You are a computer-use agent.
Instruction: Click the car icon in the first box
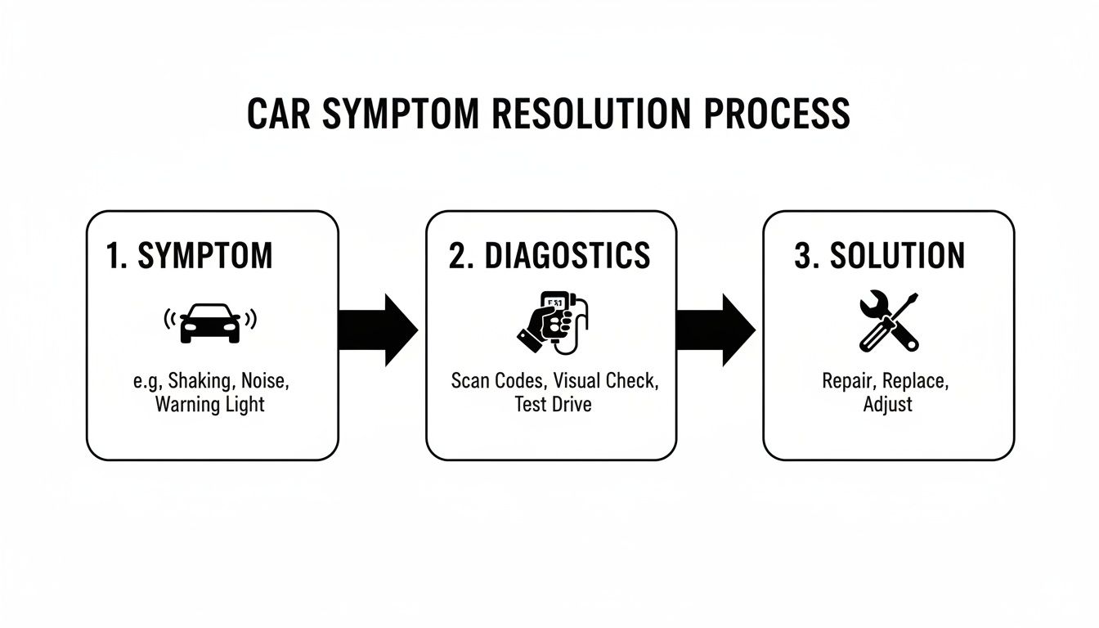click(210, 322)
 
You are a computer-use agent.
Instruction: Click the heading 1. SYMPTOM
click(189, 256)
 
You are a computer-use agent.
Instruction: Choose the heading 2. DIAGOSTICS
click(549, 256)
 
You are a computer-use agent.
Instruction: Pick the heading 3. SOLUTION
click(879, 256)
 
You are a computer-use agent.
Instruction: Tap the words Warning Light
click(210, 405)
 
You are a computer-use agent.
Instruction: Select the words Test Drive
click(553, 404)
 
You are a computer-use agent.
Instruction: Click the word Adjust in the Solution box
click(888, 404)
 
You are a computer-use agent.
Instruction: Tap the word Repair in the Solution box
click(849, 381)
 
